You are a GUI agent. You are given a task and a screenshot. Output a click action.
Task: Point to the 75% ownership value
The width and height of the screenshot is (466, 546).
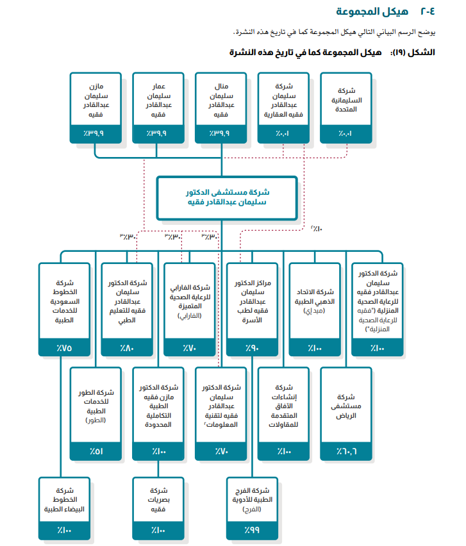pyautogui.click(x=64, y=348)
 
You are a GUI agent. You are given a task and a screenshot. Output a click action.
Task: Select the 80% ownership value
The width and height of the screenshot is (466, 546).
pyautogui.click(x=128, y=348)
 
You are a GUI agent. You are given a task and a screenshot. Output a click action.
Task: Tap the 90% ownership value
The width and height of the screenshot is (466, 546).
pyautogui.click(x=252, y=348)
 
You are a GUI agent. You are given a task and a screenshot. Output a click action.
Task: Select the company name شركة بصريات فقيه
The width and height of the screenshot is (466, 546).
pyautogui.click(x=158, y=499)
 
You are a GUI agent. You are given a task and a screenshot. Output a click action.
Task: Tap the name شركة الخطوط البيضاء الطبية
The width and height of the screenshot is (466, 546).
pyautogui.click(x=64, y=499)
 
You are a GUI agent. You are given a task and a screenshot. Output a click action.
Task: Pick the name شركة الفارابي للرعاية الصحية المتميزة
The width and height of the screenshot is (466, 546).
pyautogui.click(x=190, y=301)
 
